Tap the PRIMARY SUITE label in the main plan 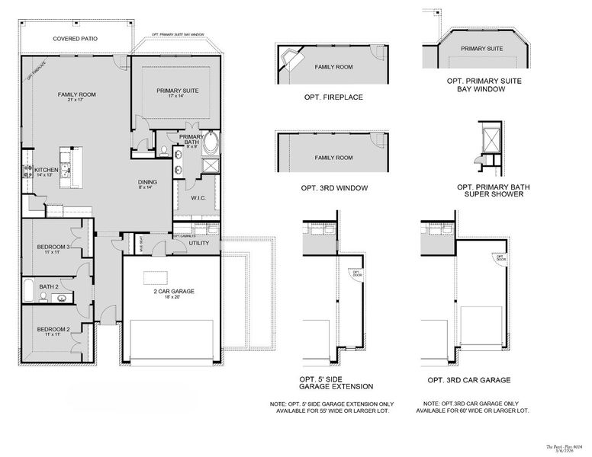pos(178,91)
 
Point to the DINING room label pos(148,182)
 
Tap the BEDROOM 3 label pos(53,247)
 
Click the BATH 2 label pos(49,287)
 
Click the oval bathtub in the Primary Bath pos(210,143)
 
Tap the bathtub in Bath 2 pos(28,291)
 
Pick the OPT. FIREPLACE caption pos(333,97)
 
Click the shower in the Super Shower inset pos(487,137)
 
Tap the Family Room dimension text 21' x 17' pos(76,101)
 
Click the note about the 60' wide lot pos(475,407)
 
